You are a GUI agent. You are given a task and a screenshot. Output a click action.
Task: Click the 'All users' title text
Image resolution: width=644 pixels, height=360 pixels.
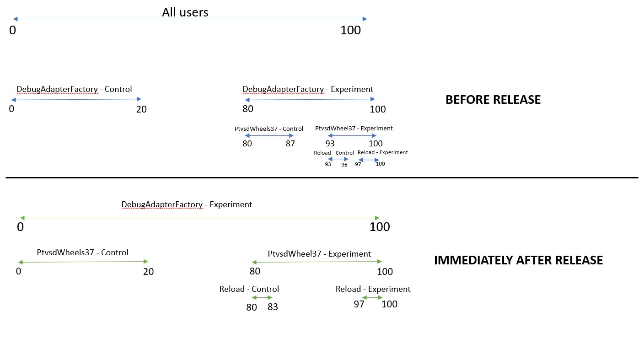185,12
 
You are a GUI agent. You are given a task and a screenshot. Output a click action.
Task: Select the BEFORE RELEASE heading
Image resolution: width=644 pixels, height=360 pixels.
493,100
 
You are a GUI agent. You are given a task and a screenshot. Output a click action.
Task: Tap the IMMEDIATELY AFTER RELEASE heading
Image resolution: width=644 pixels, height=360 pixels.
518,260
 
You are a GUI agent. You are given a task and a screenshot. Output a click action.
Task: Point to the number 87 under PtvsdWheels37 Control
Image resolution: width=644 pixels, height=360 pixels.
290,144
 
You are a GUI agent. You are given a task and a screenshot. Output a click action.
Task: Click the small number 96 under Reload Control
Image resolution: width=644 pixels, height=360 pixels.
344,165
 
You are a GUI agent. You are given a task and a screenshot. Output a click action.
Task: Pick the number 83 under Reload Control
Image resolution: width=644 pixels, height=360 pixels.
273,307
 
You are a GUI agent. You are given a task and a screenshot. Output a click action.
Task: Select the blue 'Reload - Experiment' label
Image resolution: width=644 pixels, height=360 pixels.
382,152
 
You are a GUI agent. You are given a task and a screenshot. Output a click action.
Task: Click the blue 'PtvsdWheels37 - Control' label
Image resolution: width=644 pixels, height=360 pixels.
269,129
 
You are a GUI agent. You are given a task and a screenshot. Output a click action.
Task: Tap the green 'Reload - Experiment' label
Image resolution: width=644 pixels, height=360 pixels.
373,289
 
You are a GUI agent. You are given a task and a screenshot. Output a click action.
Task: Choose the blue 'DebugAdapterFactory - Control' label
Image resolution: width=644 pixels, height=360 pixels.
74,89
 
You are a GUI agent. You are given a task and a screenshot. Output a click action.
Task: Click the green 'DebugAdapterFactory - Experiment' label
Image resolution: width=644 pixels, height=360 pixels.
187,204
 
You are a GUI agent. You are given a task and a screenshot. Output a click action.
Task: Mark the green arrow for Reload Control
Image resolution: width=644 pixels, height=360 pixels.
262,298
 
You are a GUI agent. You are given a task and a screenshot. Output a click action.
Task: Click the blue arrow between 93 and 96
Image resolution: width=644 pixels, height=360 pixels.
338,159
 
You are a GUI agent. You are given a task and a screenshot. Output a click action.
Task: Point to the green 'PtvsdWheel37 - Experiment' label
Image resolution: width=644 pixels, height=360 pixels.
319,254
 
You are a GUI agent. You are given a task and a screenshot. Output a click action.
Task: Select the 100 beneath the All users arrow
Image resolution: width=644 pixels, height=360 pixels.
350,31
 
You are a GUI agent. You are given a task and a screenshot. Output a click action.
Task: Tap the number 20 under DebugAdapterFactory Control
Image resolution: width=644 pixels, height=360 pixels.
141,109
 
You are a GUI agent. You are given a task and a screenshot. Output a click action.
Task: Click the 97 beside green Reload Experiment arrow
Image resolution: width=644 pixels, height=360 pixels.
359,304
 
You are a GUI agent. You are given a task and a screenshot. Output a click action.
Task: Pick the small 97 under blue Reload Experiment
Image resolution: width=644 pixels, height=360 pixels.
358,164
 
